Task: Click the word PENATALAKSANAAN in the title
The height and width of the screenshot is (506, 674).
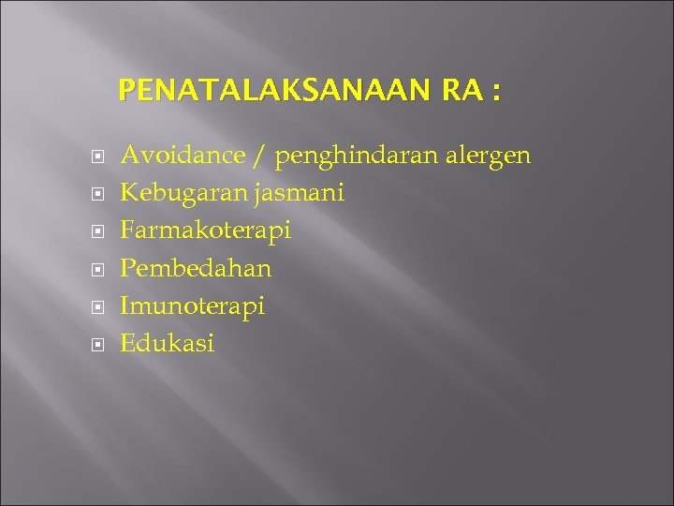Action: [272, 92]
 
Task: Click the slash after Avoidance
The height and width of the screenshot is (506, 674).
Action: [257, 156]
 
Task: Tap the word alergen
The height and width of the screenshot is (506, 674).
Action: [491, 156]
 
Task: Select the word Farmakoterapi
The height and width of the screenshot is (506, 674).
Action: [206, 231]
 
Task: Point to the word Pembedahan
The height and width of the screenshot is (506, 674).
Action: [197, 268]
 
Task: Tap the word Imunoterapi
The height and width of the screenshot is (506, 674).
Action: [193, 306]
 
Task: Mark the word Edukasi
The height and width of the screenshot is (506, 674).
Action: [168, 343]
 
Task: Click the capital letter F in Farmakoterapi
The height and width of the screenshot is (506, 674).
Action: [128, 231]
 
